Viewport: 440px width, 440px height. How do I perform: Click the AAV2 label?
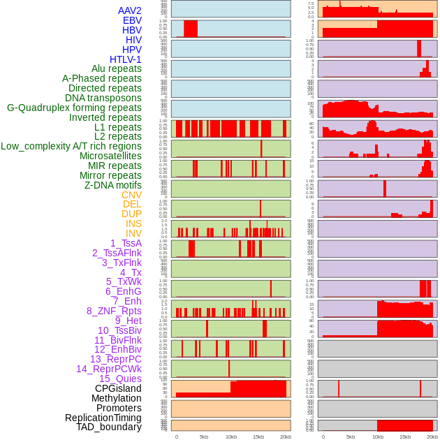pyautogui.click(x=130, y=10)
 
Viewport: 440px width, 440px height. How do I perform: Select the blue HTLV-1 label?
pyautogui.click(x=126, y=59)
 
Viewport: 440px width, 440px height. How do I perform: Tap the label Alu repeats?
pyautogui.click(x=117, y=69)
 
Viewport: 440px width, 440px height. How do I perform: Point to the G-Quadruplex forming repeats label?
pyautogui.click(x=74, y=108)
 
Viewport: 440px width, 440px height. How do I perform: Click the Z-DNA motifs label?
pyautogui.click(x=113, y=185)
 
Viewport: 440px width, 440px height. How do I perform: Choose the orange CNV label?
pyautogui.click(x=131, y=195)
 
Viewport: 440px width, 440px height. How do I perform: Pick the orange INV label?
pyautogui.click(x=133, y=233)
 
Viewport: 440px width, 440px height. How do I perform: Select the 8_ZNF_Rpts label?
pyautogui.click(x=114, y=311)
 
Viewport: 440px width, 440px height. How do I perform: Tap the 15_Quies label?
pyautogui.click(x=120, y=379)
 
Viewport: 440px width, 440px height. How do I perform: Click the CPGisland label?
pyautogui.click(x=118, y=388)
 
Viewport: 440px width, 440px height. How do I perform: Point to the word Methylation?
pyautogui.click(x=112, y=398)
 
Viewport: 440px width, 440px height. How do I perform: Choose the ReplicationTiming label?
pyautogui.click(x=103, y=418)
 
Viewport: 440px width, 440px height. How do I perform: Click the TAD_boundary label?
pyautogui.click(x=109, y=427)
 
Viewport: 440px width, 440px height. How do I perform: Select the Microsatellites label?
pyautogui.click(x=110, y=156)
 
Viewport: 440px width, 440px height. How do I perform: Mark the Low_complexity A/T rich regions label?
pyautogui.click(x=71, y=146)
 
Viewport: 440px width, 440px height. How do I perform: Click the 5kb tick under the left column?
pyautogui.click(x=204, y=437)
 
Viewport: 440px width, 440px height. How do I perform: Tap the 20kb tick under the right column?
pyautogui.click(x=432, y=437)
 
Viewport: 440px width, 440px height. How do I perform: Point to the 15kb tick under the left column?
pyautogui.click(x=258, y=437)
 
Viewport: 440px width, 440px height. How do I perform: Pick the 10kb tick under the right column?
pyautogui.click(x=378, y=437)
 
